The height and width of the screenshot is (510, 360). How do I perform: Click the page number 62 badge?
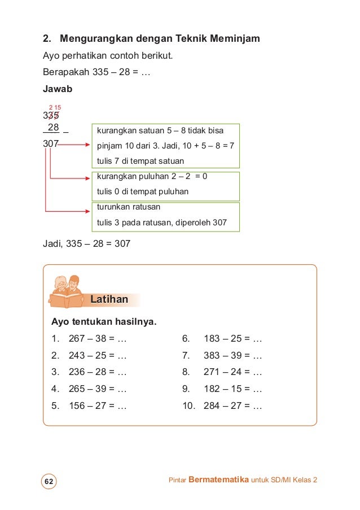pyautogui.click(x=49, y=481)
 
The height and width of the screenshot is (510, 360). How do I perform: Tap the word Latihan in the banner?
pyautogui.click(x=109, y=299)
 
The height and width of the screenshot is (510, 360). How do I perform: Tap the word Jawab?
pyautogui.click(x=56, y=89)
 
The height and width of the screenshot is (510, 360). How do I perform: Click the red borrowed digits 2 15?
pyautogui.click(x=55, y=107)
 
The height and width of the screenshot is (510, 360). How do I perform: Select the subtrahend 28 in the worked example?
pyautogui.click(x=54, y=127)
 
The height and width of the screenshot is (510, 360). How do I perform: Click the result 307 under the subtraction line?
pyautogui.click(x=51, y=143)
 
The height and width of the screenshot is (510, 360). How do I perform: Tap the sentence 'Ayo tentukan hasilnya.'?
pyautogui.click(x=104, y=322)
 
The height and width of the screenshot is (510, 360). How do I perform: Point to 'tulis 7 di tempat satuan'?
pyautogui.click(x=141, y=161)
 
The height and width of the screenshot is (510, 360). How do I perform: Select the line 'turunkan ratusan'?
pyautogui.click(x=129, y=207)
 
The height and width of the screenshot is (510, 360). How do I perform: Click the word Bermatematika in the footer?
pyautogui.click(x=218, y=480)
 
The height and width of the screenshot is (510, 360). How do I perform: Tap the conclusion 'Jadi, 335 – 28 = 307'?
pyautogui.click(x=87, y=244)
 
